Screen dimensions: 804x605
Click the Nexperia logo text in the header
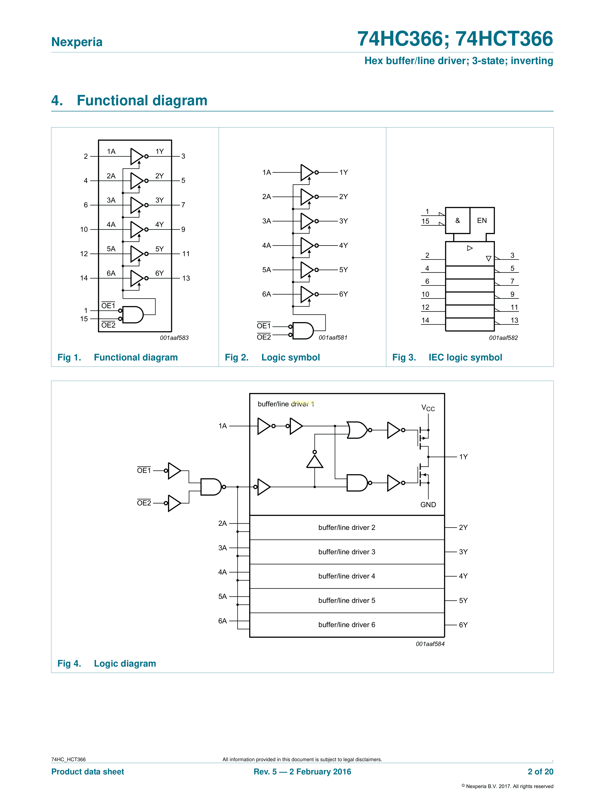(x=77, y=42)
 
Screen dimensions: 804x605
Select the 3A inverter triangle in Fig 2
(x=307, y=221)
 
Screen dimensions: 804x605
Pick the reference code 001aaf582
(x=503, y=338)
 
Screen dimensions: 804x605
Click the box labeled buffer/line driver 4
(x=347, y=576)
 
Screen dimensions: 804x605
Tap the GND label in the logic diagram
(x=428, y=505)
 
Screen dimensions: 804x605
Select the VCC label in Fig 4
(x=428, y=408)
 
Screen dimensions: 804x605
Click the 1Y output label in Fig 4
(x=463, y=457)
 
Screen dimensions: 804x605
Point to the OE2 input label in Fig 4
(x=144, y=503)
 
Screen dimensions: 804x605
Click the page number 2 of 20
(x=540, y=772)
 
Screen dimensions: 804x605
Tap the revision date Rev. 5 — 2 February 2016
(x=302, y=772)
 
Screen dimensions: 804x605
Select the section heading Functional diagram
(x=142, y=100)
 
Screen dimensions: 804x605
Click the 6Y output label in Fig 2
(x=343, y=294)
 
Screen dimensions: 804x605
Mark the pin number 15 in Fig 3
(x=425, y=221)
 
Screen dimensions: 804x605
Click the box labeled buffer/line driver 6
(x=347, y=625)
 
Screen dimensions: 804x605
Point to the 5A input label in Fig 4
(x=222, y=596)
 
